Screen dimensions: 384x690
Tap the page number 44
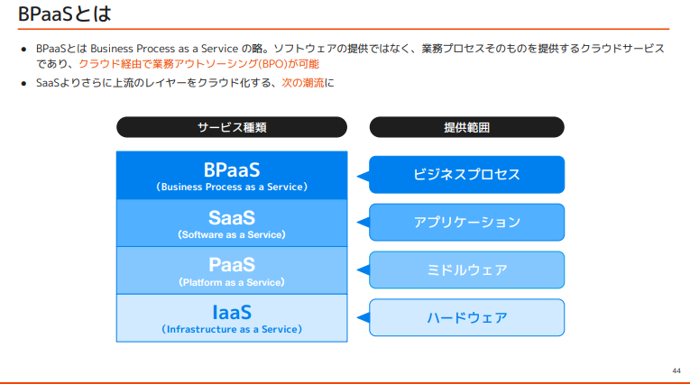point(676,370)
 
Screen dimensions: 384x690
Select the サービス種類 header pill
point(232,127)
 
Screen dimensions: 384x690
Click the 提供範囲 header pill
point(466,127)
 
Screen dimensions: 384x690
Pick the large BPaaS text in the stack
point(232,169)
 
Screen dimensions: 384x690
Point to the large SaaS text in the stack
point(232,217)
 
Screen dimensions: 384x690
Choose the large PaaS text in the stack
point(232,265)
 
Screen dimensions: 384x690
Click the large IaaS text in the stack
point(232,313)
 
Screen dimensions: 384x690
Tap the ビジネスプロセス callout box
point(466,175)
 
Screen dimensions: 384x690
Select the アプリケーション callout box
point(466,222)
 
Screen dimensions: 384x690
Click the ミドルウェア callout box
point(466,270)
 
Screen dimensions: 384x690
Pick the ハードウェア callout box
point(466,317)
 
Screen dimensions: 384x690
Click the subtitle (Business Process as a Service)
point(232,187)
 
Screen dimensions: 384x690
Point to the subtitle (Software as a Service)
point(232,234)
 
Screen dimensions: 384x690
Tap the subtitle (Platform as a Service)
point(232,282)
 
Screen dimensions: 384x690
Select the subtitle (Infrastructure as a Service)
point(232,330)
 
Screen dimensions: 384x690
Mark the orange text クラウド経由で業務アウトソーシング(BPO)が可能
point(198,64)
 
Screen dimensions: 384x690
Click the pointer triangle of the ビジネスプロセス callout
point(363,176)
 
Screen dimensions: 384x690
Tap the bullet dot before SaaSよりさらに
point(24,83)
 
